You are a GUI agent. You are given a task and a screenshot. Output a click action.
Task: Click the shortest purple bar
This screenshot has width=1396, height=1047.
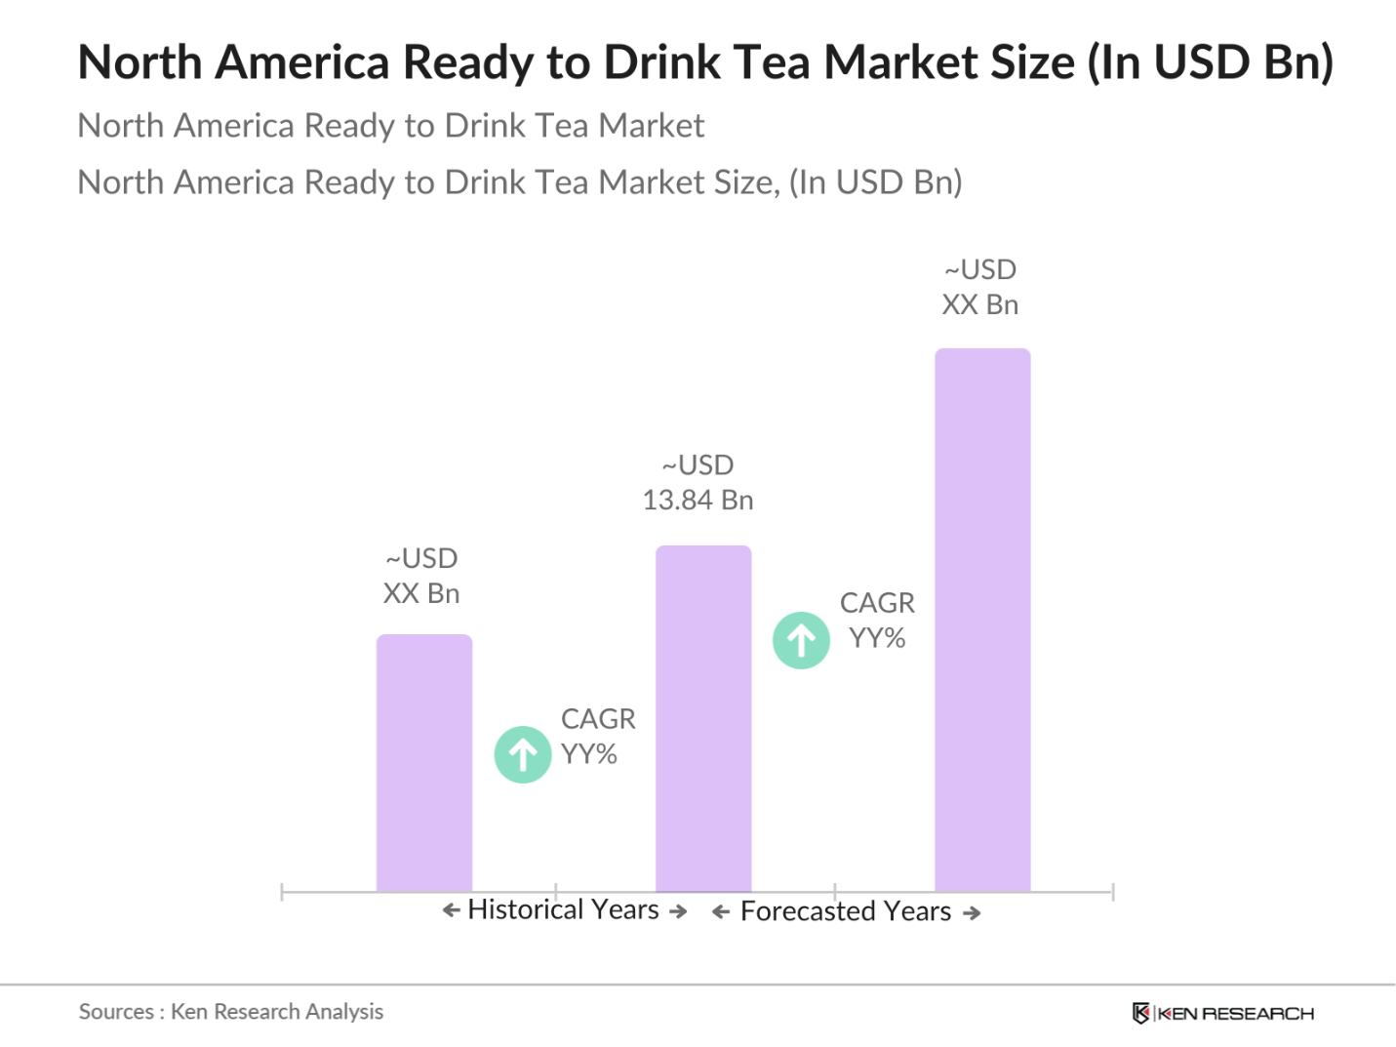(x=424, y=763)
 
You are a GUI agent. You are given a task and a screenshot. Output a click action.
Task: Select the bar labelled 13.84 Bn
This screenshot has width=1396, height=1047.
(x=703, y=718)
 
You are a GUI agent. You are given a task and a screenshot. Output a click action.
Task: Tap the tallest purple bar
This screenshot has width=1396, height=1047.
(x=982, y=620)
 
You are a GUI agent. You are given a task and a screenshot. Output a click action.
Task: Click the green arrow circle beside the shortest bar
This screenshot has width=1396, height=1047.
(x=523, y=754)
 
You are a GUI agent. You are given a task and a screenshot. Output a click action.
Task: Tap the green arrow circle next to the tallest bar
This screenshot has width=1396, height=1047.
(x=801, y=640)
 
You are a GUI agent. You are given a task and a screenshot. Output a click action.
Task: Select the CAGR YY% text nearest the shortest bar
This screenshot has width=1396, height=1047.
(x=597, y=737)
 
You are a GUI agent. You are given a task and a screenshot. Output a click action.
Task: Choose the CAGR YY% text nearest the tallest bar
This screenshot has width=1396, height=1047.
(x=877, y=621)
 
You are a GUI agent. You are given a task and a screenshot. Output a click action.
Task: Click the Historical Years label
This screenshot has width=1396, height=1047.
(x=563, y=910)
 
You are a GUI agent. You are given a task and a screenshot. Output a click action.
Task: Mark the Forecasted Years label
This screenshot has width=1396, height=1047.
(x=845, y=911)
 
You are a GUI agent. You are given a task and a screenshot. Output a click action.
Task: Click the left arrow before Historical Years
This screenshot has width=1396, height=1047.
(x=451, y=910)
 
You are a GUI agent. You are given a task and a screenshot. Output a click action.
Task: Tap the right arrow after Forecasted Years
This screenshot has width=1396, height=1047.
(x=972, y=913)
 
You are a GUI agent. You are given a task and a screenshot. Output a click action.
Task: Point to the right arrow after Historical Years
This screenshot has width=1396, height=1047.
(x=679, y=911)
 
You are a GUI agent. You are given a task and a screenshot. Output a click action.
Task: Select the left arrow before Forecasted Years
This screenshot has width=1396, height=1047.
(x=721, y=912)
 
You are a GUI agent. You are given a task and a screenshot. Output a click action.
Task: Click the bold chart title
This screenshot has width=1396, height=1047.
(x=704, y=62)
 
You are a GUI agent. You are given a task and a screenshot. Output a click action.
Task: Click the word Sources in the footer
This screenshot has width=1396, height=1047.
(x=116, y=1012)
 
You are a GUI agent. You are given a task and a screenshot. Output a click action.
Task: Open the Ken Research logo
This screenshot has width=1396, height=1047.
(x=1223, y=1013)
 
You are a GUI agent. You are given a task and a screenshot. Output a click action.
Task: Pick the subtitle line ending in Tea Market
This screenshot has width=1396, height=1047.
(x=390, y=126)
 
